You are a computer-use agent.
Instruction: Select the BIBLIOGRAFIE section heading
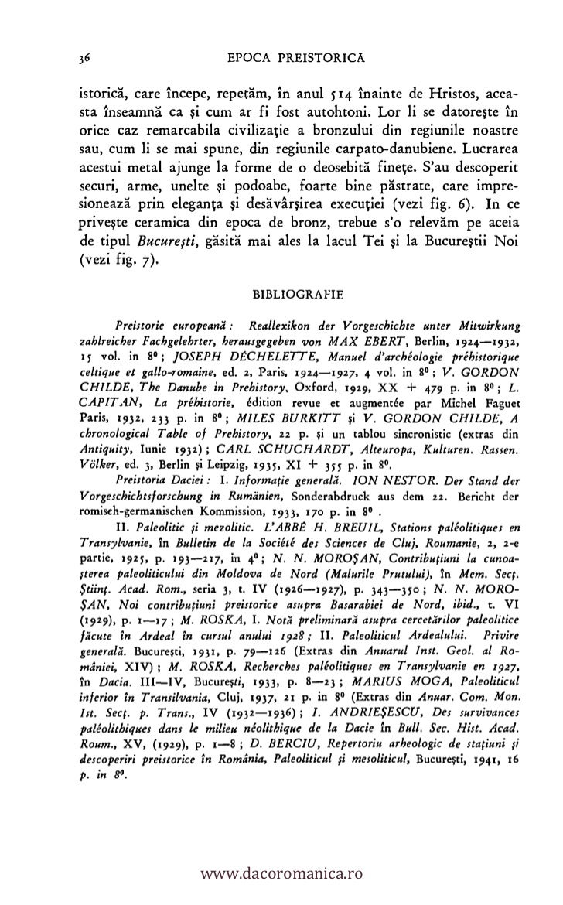coord(292,294)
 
